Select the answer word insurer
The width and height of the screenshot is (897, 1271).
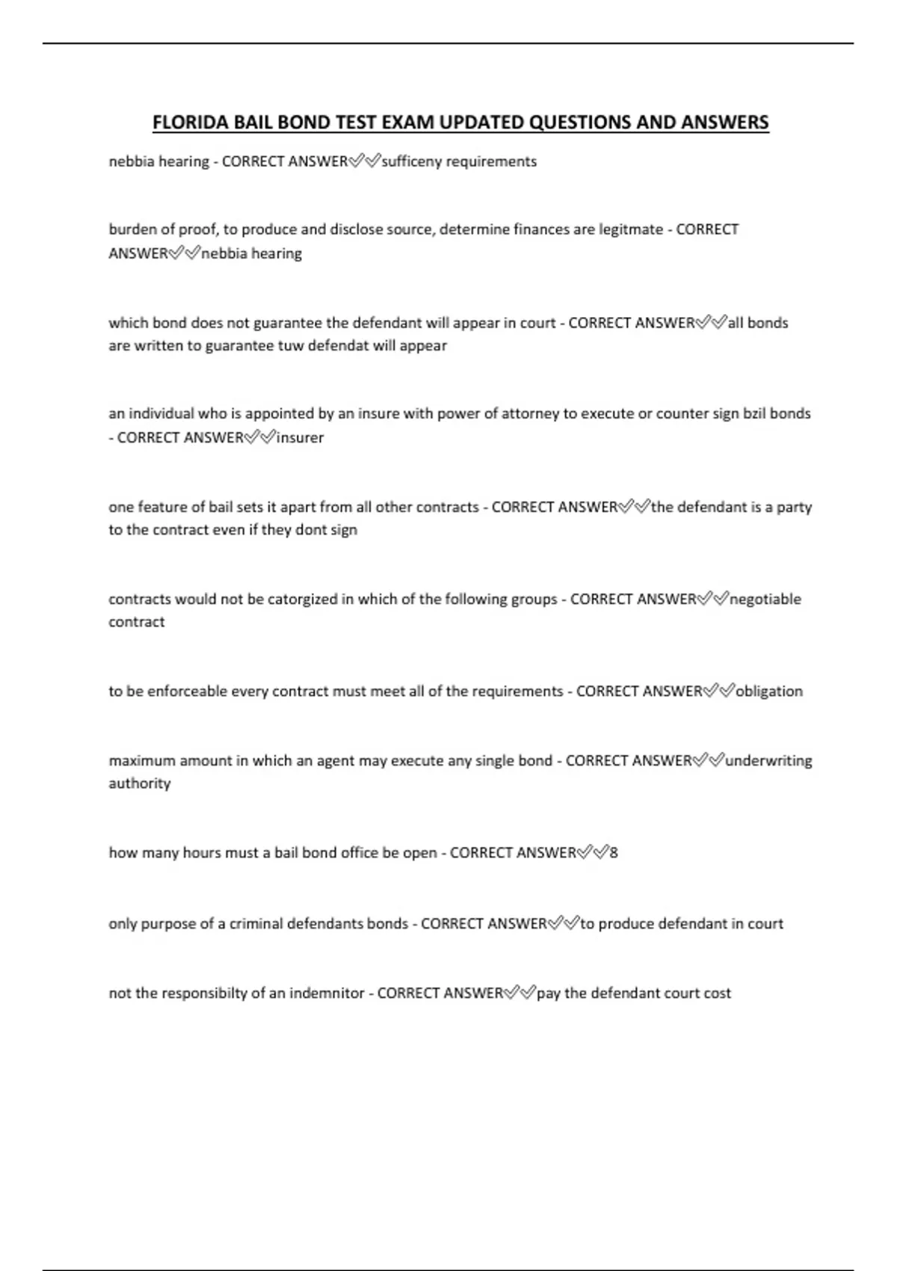300,438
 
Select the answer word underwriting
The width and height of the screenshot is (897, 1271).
768,761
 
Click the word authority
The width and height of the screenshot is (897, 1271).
139,784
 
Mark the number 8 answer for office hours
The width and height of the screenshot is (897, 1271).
614,853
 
